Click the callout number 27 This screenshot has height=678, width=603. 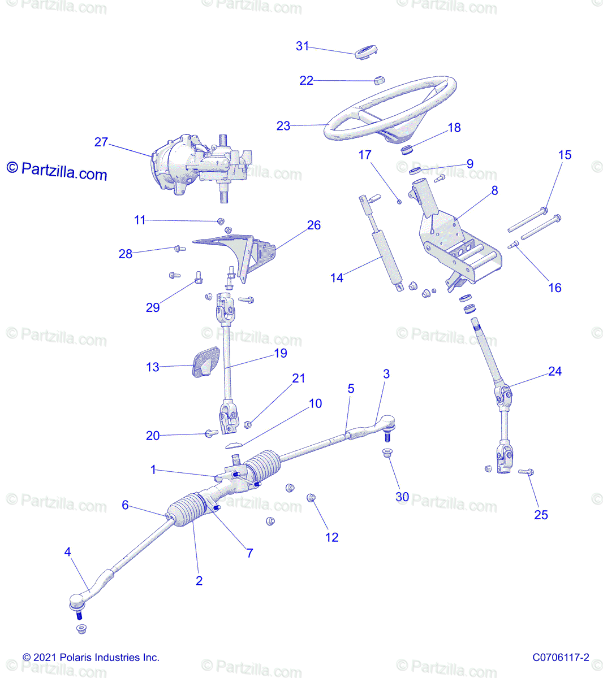(x=101, y=142)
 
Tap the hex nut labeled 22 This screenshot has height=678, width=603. (x=379, y=80)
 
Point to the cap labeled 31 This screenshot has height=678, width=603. (x=366, y=52)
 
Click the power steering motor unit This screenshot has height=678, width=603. (x=201, y=167)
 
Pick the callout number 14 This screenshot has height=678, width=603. (x=337, y=278)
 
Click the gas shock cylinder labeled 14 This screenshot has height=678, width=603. (x=382, y=242)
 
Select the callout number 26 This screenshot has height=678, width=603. (x=314, y=225)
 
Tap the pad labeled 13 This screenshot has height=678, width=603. (x=206, y=362)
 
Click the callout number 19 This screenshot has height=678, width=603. (x=281, y=353)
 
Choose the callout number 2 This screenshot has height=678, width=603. (x=199, y=581)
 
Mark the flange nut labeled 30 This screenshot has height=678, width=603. (x=387, y=453)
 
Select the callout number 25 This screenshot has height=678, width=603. (x=541, y=515)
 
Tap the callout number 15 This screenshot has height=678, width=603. (x=565, y=155)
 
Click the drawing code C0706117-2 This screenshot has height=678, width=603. (x=561, y=658)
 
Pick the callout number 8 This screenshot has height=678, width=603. (x=494, y=190)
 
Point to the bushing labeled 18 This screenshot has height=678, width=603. (x=407, y=150)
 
